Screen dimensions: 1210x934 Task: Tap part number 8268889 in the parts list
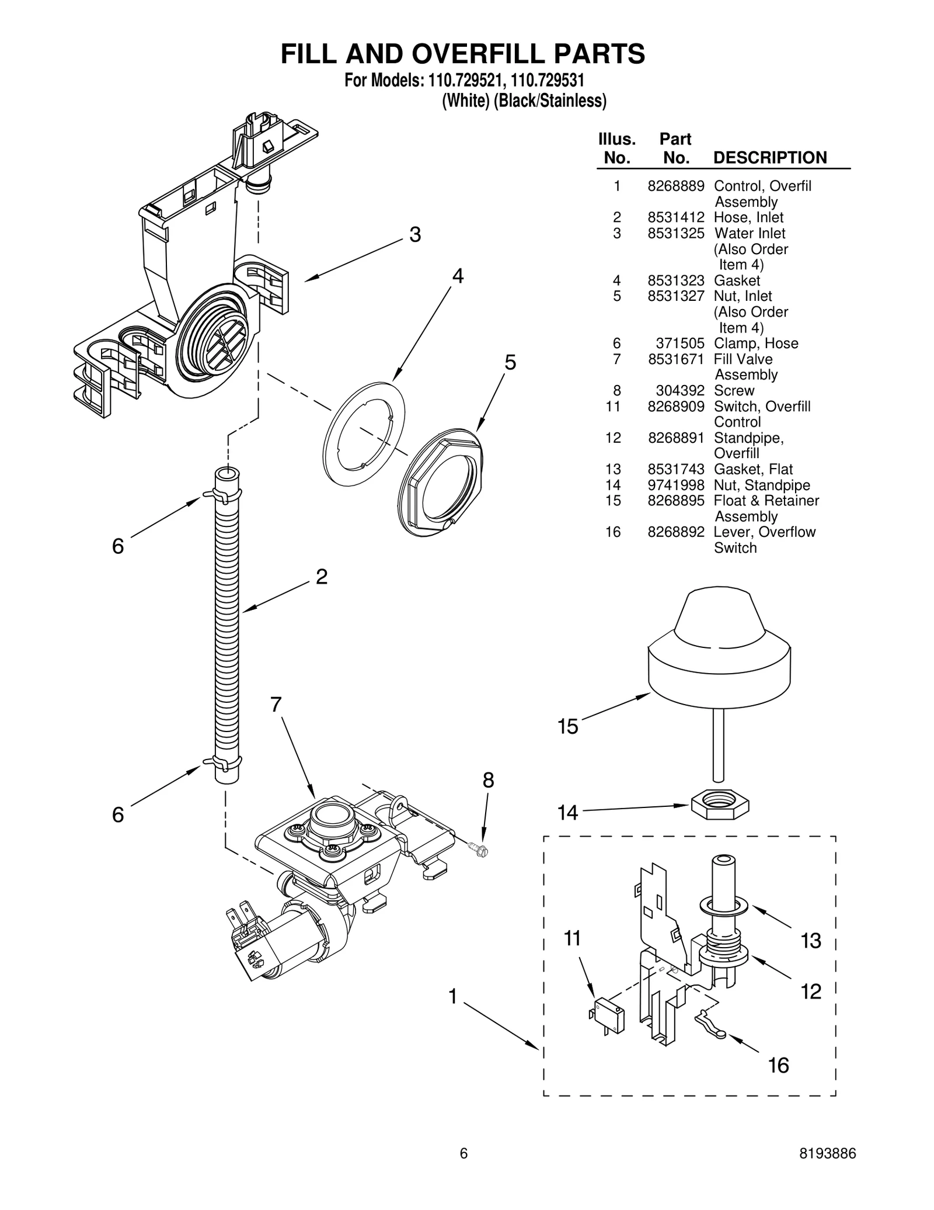pyautogui.click(x=675, y=186)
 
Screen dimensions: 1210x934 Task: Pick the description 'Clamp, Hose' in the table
pyautogui.click(x=755, y=344)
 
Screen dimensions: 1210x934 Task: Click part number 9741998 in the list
pyautogui.click(x=675, y=486)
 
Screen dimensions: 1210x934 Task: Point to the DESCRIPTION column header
pyautogui.click(x=769, y=158)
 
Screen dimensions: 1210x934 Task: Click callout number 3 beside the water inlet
pyautogui.click(x=414, y=235)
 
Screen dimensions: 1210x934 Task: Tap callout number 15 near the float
pyautogui.click(x=567, y=727)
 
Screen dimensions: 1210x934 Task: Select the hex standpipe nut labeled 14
pyautogui.click(x=719, y=807)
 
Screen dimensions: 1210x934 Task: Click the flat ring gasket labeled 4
pyautogui.click(x=363, y=434)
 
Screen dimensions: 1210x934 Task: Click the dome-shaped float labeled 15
pyautogui.click(x=719, y=649)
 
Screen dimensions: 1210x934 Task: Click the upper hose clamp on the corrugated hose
pyautogui.click(x=222, y=495)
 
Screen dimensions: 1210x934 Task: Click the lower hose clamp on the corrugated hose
pyautogui.click(x=222, y=762)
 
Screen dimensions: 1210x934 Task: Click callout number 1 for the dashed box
pyautogui.click(x=452, y=996)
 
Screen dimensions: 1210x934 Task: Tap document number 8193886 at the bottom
pyautogui.click(x=827, y=1153)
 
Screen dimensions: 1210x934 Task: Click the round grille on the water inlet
pyautogui.click(x=225, y=342)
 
